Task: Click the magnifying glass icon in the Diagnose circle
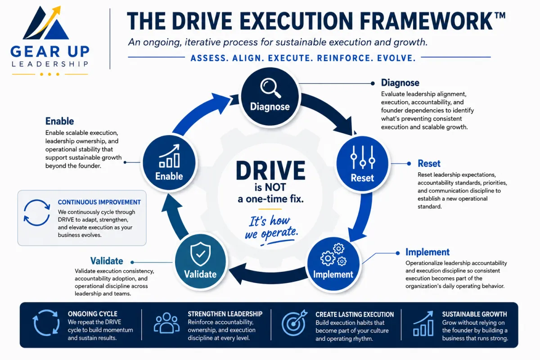(270, 88)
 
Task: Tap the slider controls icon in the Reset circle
(363, 157)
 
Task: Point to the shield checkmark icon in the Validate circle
(200, 254)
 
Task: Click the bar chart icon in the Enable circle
(169, 156)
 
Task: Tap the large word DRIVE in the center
(270, 171)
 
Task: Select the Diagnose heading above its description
(400, 83)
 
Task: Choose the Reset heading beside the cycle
(429, 163)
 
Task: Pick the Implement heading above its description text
(427, 252)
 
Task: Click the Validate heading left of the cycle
(107, 261)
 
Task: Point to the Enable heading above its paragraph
(59, 121)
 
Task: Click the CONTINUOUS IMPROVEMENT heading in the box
(99, 202)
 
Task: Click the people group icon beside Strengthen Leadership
(167, 323)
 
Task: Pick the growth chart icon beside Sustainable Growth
(423, 324)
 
